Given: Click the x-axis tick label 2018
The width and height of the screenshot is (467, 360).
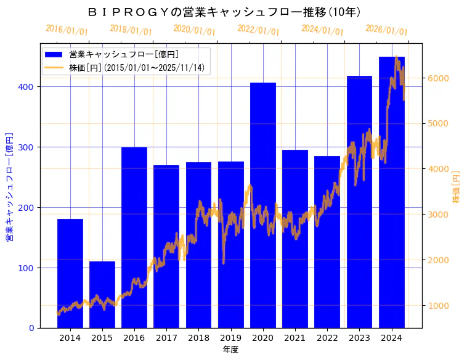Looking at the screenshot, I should click(x=198, y=338).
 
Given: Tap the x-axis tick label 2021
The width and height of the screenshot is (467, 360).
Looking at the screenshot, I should click(x=295, y=338).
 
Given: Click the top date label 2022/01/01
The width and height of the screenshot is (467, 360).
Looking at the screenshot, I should click(x=258, y=30).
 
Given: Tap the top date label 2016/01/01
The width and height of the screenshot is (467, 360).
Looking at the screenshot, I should click(x=67, y=30).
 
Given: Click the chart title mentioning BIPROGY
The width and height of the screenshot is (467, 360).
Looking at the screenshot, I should click(x=224, y=12).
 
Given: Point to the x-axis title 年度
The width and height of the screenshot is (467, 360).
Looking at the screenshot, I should click(x=230, y=350).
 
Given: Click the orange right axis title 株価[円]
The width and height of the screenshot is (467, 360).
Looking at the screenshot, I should click(x=457, y=187).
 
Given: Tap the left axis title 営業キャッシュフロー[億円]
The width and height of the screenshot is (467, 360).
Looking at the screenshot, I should click(x=9, y=187).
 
